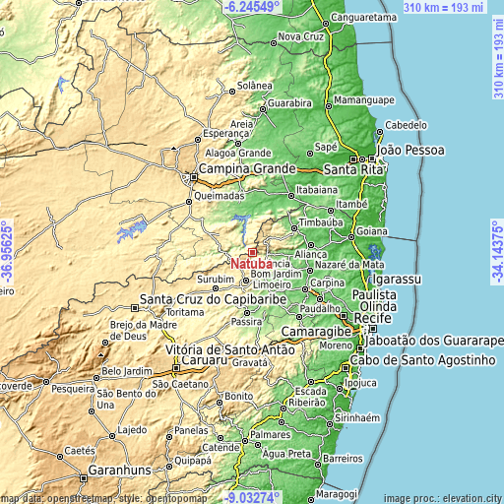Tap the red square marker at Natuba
[252, 253]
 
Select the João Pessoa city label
[412, 150]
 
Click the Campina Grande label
[246, 169]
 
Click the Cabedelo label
[405, 125]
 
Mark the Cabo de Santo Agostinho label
[427, 362]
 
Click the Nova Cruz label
[300, 36]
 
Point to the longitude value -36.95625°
[7, 252]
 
